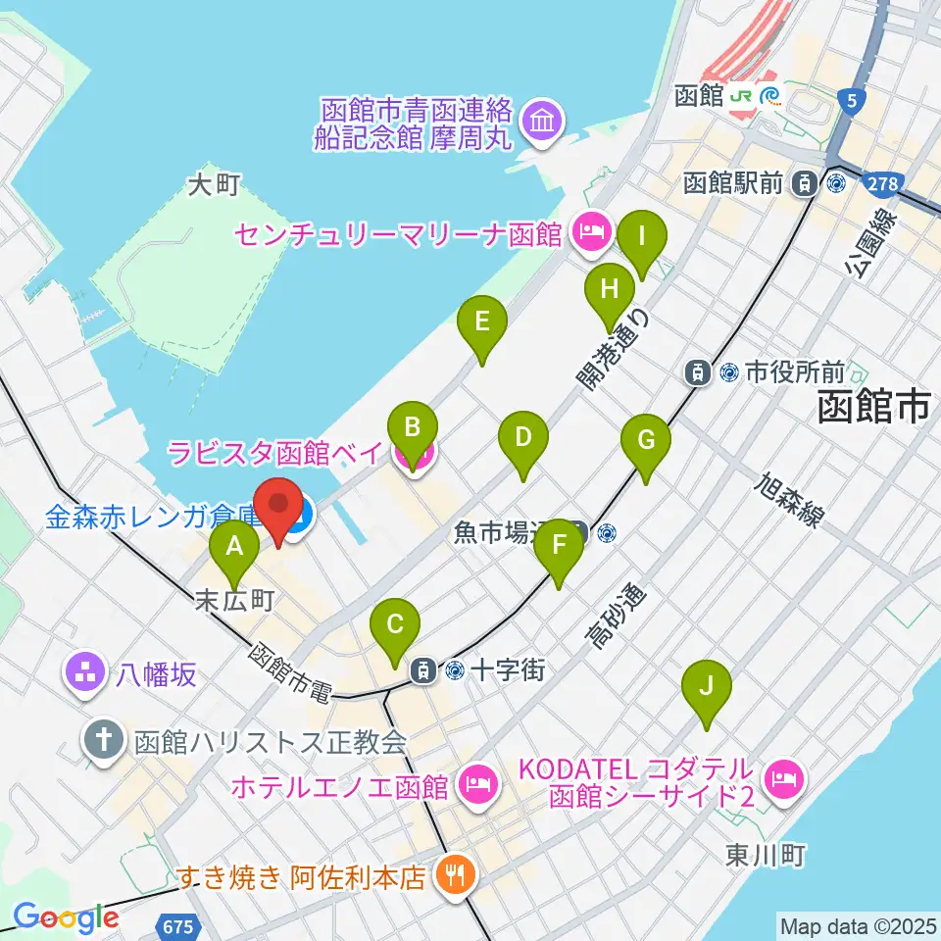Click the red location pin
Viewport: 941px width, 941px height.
(279, 508)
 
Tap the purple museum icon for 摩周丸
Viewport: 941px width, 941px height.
(541, 124)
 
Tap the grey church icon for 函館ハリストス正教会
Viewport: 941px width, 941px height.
(102, 740)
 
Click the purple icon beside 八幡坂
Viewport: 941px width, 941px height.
(81, 674)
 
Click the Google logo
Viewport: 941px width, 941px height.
(66, 918)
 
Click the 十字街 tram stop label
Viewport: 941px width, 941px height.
(507, 671)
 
